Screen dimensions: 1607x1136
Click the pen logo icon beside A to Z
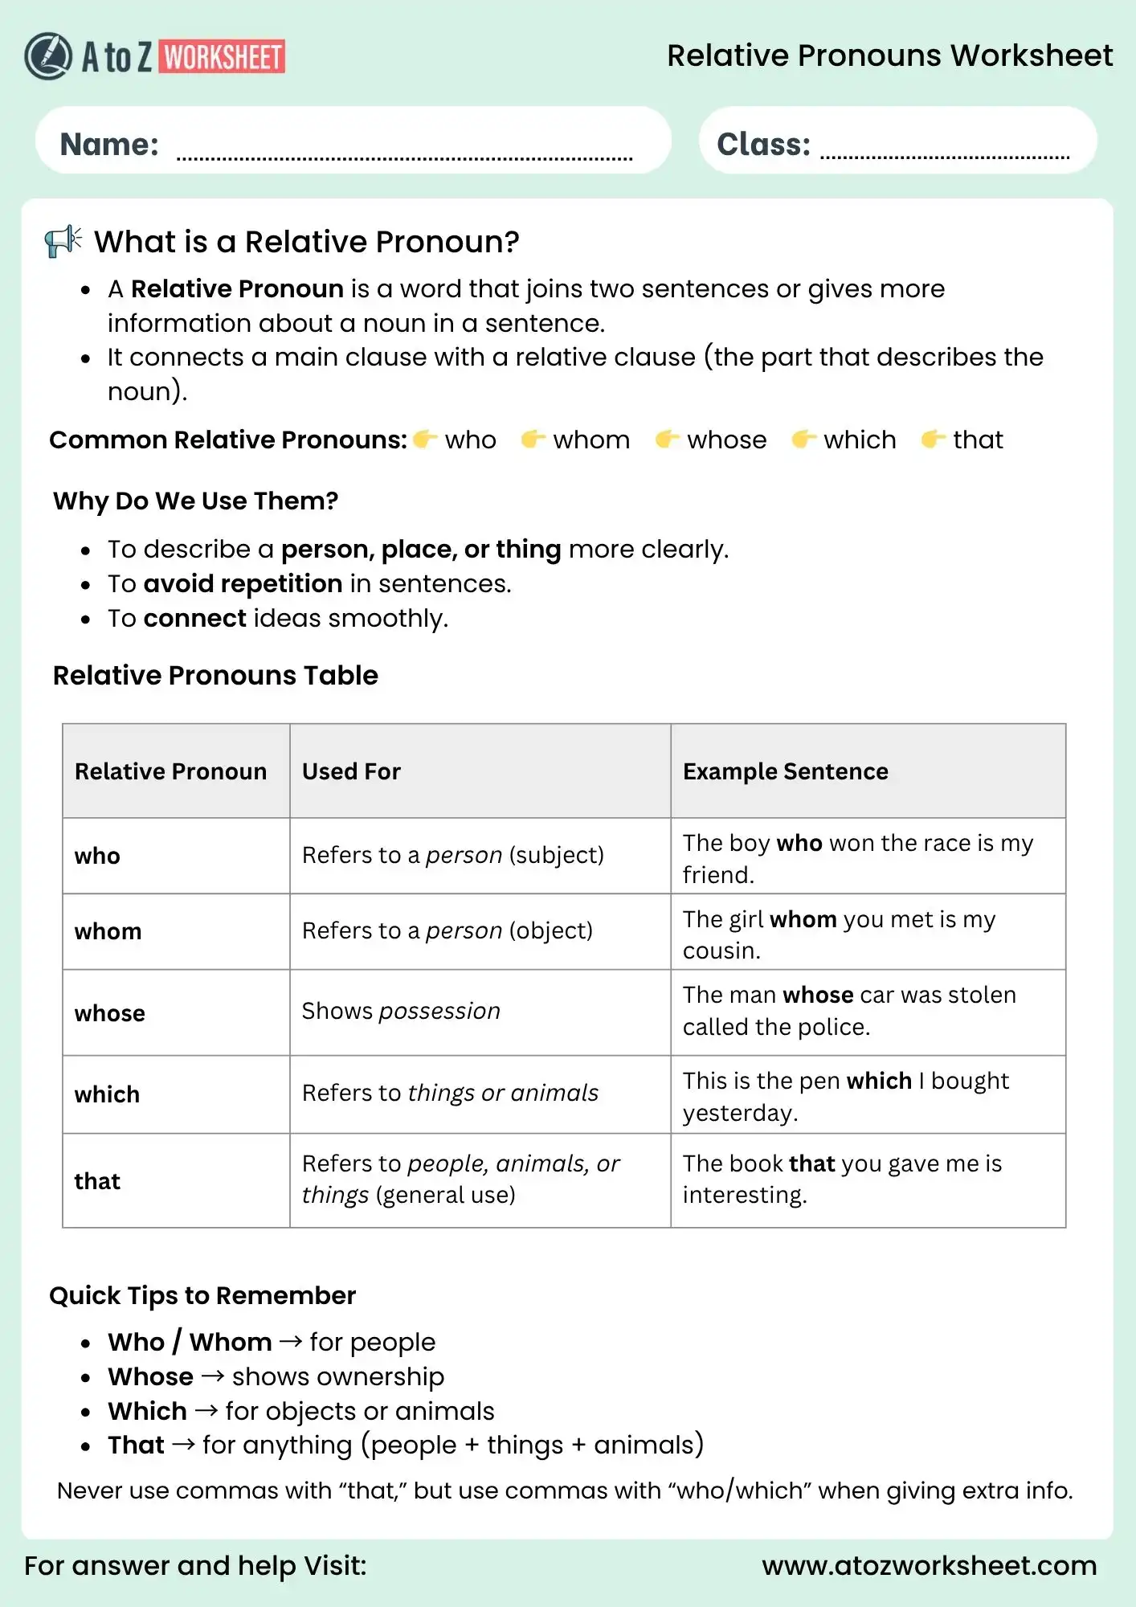[x=48, y=56]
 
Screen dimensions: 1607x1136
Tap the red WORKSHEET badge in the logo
[x=223, y=57]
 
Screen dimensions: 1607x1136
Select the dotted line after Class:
[x=945, y=157]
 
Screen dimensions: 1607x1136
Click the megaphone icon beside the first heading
[x=63, y=240]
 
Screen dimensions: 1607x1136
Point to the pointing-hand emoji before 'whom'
[x=533, y=439]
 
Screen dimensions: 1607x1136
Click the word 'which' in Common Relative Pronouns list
[x=860, y=440]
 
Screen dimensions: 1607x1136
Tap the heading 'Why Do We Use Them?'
[x=195, y=501]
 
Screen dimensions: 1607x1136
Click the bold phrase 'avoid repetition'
[x=243, y=583]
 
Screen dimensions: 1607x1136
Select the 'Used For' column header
[x=351, y=771]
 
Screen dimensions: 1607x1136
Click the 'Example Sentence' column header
[x=785, y=771]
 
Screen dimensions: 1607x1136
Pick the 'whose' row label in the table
[x=110, y=1013]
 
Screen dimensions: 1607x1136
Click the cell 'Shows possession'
[x=401, y=1011]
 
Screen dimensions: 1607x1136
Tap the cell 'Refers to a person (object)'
[x=447, y=930]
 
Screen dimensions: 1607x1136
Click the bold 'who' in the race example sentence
[x=799, y=843]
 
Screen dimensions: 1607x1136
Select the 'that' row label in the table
[x=97, y=1181]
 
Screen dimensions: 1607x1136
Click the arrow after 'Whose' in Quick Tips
[x=213, y=1376]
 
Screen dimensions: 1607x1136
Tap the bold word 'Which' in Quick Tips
[x=148, y=1411]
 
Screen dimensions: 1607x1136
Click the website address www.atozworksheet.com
[x=929, y=1565]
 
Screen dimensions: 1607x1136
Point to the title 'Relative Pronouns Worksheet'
[x=889, y=55]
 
